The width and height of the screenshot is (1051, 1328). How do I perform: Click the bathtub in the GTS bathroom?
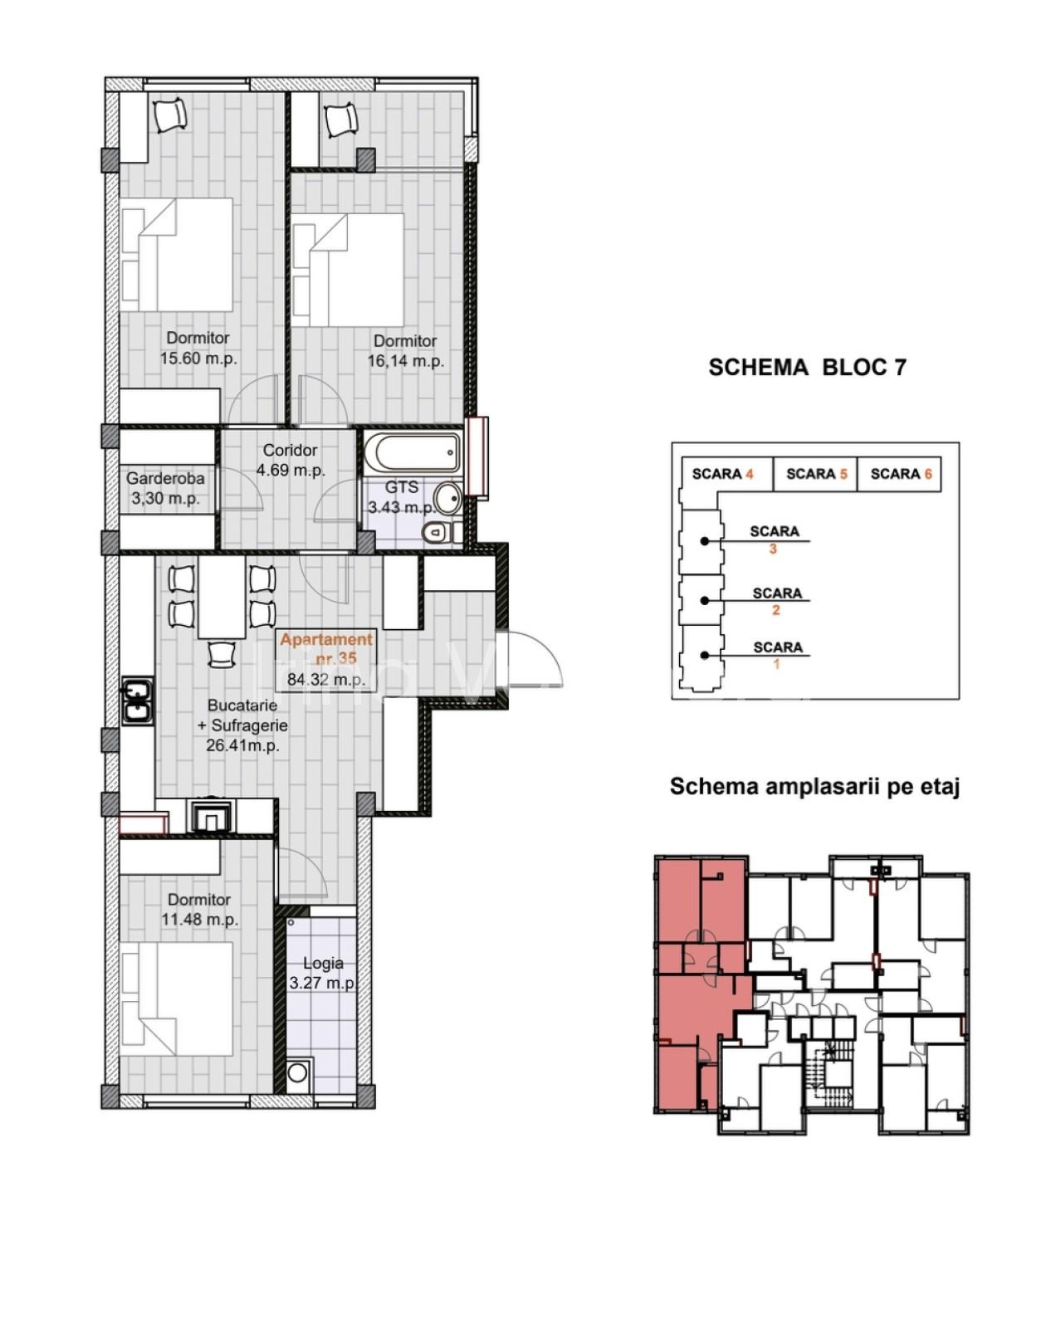point(412,453)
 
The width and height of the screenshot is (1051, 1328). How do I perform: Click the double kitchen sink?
point(139,701)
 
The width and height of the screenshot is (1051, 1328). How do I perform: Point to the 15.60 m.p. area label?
point(198,359)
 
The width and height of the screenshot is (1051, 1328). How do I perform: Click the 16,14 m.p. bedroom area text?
point(405,361)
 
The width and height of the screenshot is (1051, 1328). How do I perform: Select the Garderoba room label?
point(165,478)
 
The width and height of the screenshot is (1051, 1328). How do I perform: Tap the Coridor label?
point(290,451)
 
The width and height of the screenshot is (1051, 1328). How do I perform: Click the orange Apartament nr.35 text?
point(326,648)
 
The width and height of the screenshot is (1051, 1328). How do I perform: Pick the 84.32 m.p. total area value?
point(326,680)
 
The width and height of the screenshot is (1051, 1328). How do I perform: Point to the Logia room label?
point(324,963)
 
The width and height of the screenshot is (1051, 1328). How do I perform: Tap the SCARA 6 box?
point(900,474)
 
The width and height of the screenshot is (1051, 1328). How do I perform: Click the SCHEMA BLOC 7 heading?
point(807,368)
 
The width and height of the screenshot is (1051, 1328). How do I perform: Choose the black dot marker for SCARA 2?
point(704,599)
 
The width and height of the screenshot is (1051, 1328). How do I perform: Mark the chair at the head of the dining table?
point(222,653)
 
